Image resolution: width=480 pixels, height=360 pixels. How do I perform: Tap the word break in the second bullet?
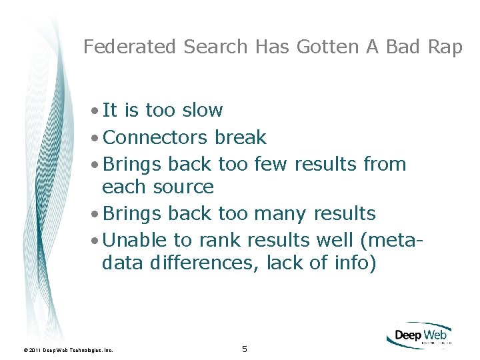click(240, 137)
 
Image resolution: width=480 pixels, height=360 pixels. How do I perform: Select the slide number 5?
click(245, 349)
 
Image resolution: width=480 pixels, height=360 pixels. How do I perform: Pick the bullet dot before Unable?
click(97, 240)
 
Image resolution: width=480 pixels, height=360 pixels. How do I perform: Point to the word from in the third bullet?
click(385, 164)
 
